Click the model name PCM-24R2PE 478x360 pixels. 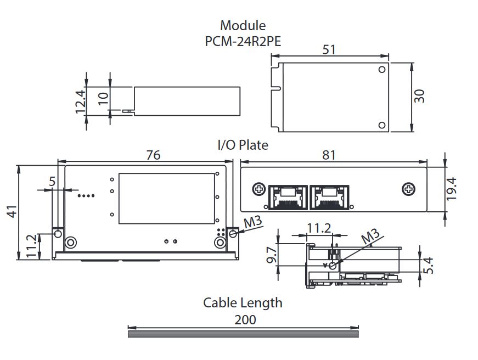pyautogui.click(x=243, y=41)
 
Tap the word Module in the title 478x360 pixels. pyautogui.click(x=243, y=25)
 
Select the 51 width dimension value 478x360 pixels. pyautogui.click(x=329, y=49)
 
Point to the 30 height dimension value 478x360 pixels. pyautogui.click(x=420, y=96)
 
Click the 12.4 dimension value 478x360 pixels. pyautogui.click(x=81, y=102)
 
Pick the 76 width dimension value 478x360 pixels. pyautogui.click(x=153, y=155)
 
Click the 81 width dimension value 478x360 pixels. pyautogui.click(x=329, y=155)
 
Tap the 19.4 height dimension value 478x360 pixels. pyautogui.click(x=452, y=189)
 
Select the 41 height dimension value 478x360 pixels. pyautogui.click(x=12, y=211)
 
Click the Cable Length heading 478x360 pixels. pyautogui.click(x=243, y=302)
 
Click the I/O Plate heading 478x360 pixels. pyautogui.click(x=243, y=145)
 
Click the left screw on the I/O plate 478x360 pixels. pyautogui.click(x=258, y=189)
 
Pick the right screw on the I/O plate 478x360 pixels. pyautogui.click(x=408, y=189)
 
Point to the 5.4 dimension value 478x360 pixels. pyautogui.click(x=430, y=265)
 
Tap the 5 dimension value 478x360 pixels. pyautogui.click(x=52, y=182)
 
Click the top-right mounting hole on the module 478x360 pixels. pyautogui.click(x=382, y=70)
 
